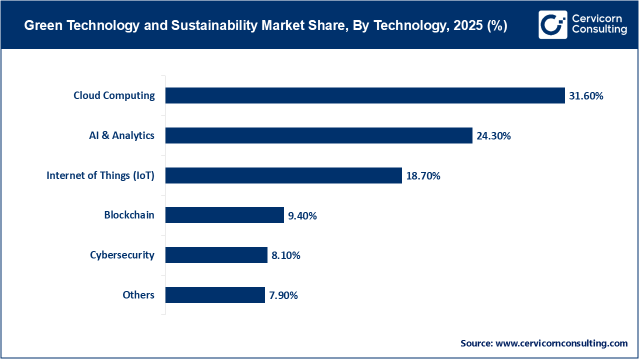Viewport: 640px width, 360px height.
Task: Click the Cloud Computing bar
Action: (x=365, y=95)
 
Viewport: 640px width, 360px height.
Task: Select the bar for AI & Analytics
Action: (x=318, y=135)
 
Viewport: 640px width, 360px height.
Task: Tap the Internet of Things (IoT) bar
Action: (x=283, y=175)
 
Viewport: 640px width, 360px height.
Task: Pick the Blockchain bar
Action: (x=224, y=215)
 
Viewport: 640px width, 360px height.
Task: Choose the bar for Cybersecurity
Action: (x=216, y=255)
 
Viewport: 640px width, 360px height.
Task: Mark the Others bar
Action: (x=215, y=295)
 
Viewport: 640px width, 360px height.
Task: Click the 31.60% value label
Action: (x=586, y=96)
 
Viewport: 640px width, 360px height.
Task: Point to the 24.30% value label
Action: (x=493, y=135)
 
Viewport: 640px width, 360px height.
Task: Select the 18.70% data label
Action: (x=423, y=175)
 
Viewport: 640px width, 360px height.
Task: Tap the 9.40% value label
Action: (x=302, y=215)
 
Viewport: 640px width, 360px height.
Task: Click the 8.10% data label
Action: (x=285, y=255)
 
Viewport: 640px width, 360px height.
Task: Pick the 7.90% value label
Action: (x=283, y=295)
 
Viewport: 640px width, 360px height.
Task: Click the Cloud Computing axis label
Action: (x=114, y=95)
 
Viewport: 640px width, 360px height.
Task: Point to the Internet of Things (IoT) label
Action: (x=100, y=175)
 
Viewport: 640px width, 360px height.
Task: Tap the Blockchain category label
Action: (x=129, y=215)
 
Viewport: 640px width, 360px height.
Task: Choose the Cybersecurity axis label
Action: (x=122, y=255)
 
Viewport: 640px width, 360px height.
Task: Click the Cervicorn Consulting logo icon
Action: (x=552, y=24)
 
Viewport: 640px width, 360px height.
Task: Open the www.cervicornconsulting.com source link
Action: (x=561, y=343)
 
